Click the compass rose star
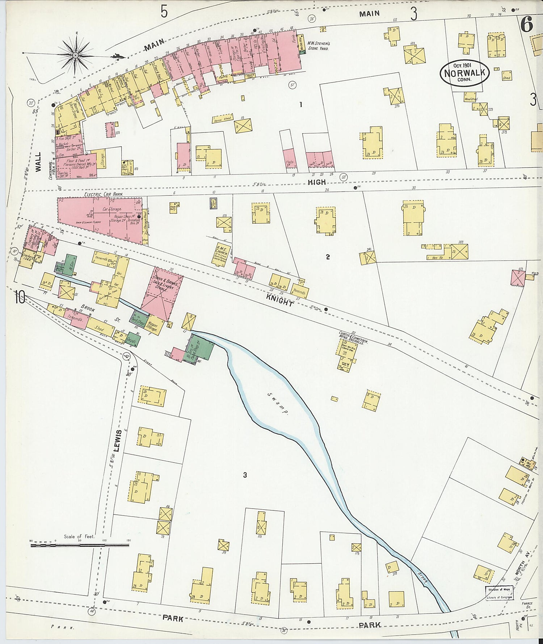76,55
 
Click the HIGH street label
316,182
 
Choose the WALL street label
38,161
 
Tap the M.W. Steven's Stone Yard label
317,46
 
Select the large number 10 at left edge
20,298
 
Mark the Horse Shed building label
222,119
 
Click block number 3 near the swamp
245,475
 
